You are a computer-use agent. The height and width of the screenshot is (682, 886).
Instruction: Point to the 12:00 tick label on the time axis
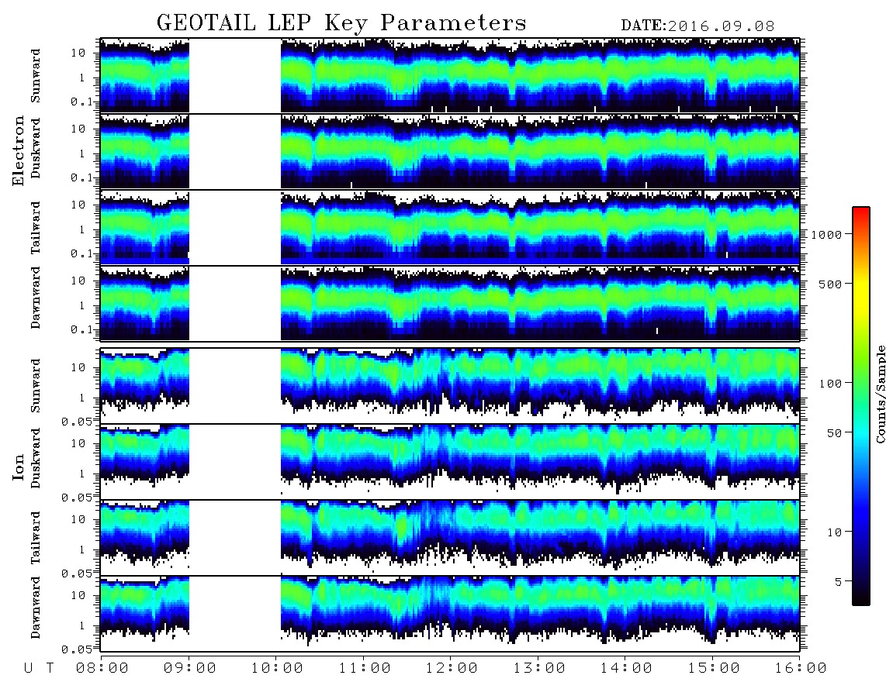tap(451, 669)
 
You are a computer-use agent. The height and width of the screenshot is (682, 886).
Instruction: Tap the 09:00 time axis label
tap(190, 669)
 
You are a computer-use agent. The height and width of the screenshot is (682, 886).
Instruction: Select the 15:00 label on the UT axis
tap(713, 669)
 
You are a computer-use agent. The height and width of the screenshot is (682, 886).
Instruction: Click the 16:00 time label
tap(801, 669)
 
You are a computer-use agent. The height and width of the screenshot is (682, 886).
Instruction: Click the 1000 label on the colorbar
tap(826, 234)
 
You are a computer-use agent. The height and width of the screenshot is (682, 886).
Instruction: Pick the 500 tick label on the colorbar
tap(831, 284)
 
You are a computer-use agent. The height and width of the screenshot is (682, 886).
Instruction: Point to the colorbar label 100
tap(831, 384)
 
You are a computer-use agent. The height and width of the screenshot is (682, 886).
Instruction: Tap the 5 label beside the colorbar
tap(839, 581)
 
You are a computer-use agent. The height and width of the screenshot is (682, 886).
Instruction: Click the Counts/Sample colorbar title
tap(880, 394)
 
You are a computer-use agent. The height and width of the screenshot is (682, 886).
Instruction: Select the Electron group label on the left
tap(18, 150)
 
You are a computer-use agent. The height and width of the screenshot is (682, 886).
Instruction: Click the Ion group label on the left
tap(18, 467)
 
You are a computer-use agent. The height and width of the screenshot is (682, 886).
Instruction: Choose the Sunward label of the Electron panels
tap(36, 76)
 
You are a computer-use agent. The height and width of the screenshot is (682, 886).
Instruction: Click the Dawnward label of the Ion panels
tap(36, 607)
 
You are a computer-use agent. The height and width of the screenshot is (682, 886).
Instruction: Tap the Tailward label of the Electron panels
tap(36, 228)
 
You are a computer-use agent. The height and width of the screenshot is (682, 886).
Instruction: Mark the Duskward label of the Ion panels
tap(36, 458)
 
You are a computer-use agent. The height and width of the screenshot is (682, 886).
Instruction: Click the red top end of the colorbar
tap(860, 209)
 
